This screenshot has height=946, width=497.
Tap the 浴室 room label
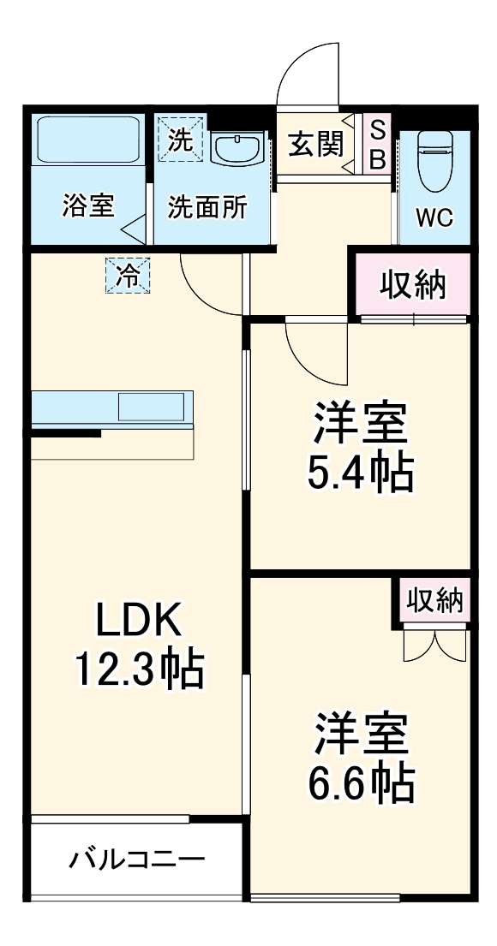click(x=88, y=206)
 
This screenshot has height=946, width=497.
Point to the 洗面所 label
click(x=208, y=207)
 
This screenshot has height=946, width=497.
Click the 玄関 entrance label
click(x=314, y=144)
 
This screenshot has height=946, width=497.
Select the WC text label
click(x=434, y=217)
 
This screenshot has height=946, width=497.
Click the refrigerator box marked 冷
click(x=127, y=276)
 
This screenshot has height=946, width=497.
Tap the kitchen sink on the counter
click(x=151, y=407)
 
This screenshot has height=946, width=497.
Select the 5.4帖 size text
click(x=361, y=470)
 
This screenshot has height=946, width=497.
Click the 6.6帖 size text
click(x=361, y=780)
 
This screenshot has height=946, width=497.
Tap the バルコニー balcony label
click(x=137, y=858)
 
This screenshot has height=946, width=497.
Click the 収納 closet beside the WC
click(x=413, y=285)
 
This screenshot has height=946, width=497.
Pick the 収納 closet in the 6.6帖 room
click(x=434, y=601)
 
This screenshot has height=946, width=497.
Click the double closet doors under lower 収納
click(x=434, y=646)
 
